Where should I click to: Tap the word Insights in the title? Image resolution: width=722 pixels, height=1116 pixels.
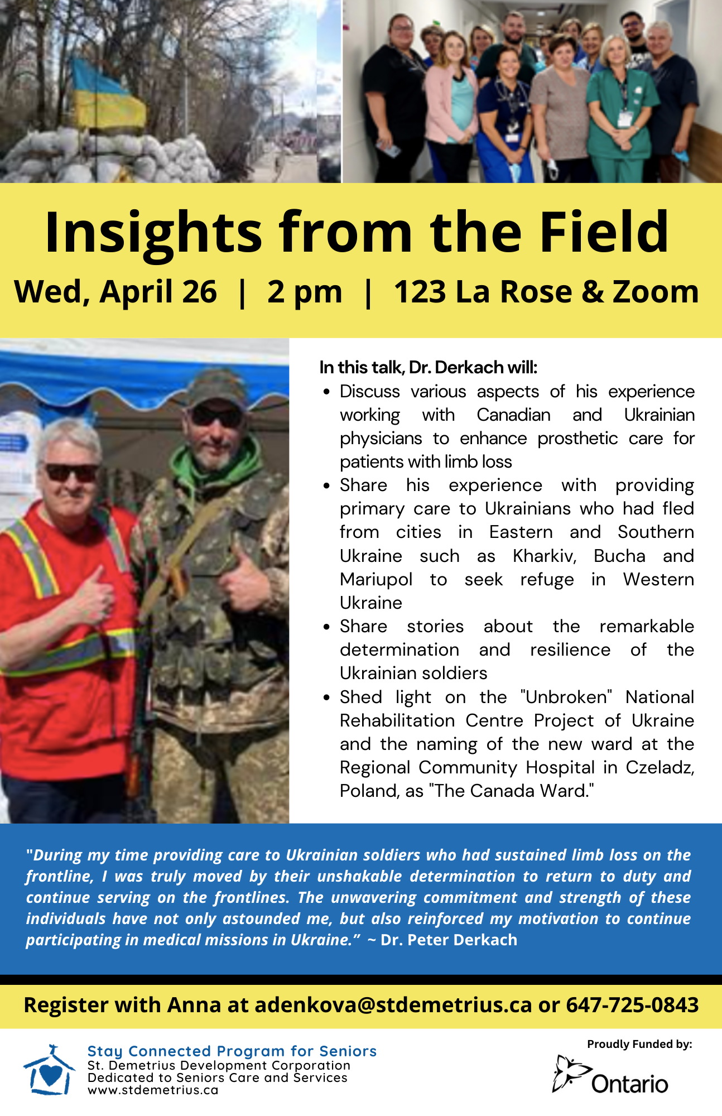pos(153,232)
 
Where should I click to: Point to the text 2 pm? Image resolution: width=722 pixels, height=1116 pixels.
pos(305,292)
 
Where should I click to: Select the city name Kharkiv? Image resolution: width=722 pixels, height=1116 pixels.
pos(545,556)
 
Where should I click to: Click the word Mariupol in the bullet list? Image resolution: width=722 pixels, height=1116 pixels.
pos(376,579)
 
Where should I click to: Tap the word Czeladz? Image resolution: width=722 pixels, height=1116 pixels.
pos(660,767)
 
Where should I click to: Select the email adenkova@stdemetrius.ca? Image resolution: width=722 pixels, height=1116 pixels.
pos(393,1005)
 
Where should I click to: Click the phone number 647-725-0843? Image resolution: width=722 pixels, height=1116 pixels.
pos(632,1005)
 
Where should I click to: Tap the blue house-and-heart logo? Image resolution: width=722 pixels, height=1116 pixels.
pos(49,1070)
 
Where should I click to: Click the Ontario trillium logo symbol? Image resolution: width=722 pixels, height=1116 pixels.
pos(571,1072)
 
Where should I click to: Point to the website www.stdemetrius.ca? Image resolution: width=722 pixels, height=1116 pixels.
pos(153,1090)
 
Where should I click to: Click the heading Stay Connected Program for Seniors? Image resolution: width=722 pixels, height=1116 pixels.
pos(232,1051)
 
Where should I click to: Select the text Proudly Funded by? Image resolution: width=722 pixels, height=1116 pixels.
pos(639,1044)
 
